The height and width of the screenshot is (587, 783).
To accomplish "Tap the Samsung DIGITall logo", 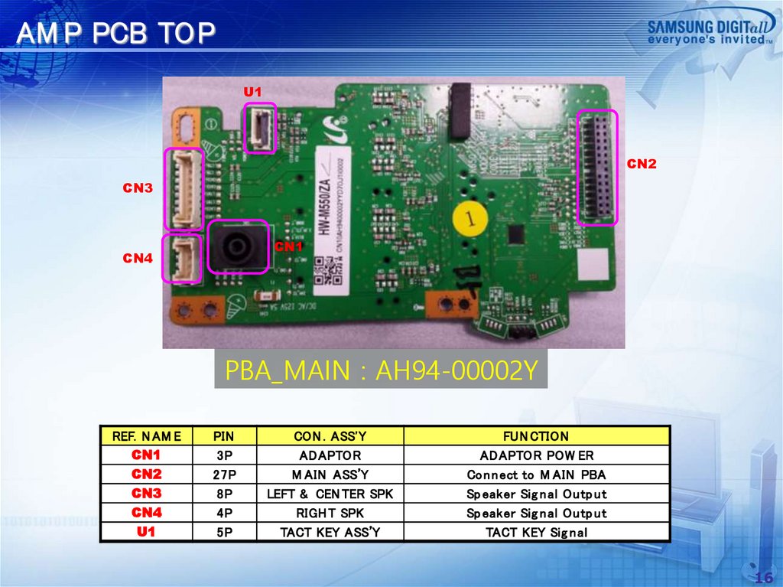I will tap(710, 31).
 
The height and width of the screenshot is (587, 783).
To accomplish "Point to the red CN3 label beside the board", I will tap(138, 188).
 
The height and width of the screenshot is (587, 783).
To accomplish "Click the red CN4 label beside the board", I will tap(138, 258).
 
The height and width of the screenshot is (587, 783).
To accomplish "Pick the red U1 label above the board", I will tap(252, 92).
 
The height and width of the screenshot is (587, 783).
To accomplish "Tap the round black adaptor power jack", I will tap(237, 247).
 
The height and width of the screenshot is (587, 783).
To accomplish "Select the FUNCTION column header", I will tap(536, 436).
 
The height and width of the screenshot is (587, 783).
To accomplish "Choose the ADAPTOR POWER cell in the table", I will tap(536, 455).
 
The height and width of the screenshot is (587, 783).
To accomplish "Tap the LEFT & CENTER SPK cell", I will tap(330, 494).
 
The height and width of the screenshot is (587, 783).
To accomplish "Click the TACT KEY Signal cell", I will tap(536, 532).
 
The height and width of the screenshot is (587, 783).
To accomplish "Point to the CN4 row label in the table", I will tap(146, 513).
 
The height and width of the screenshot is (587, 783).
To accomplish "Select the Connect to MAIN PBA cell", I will tap(536, 474).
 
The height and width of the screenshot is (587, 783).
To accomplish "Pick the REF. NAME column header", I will tap(146, 436).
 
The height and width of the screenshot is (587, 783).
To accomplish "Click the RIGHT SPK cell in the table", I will tap(330, 513).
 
